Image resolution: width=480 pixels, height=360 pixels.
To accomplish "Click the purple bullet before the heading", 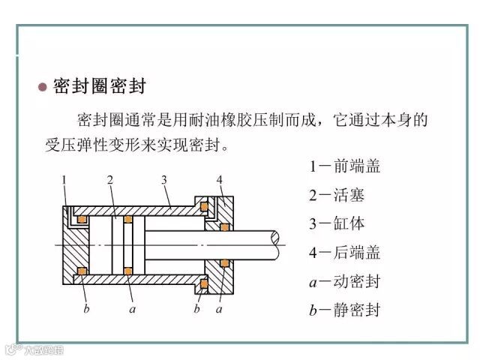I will pos(43,86).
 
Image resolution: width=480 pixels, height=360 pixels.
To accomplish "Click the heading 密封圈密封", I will pos(99,85).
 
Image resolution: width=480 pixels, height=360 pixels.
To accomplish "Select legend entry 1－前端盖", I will pos(345,166).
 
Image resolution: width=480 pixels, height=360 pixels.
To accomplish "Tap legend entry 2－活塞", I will pos(336,195).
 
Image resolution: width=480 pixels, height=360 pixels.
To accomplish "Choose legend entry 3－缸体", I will pos(336,223).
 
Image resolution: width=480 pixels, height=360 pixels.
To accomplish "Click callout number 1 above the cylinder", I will pos(65,180).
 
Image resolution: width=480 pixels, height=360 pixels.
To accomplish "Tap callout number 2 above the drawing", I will pos(110,180).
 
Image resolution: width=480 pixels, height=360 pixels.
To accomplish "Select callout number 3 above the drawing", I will pos(164,180).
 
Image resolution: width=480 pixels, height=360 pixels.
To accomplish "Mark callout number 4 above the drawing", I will pos(219,180).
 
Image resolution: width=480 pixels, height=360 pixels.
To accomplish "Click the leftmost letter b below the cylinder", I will pos(86,307).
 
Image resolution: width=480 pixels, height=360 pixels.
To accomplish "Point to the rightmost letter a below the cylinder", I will pos(220,307).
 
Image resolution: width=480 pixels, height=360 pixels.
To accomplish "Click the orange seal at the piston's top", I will pos(129,220).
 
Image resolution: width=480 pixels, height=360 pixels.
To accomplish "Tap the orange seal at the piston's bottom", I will pos(129,269).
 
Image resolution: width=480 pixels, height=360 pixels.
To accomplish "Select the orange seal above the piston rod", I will pos(223,226).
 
